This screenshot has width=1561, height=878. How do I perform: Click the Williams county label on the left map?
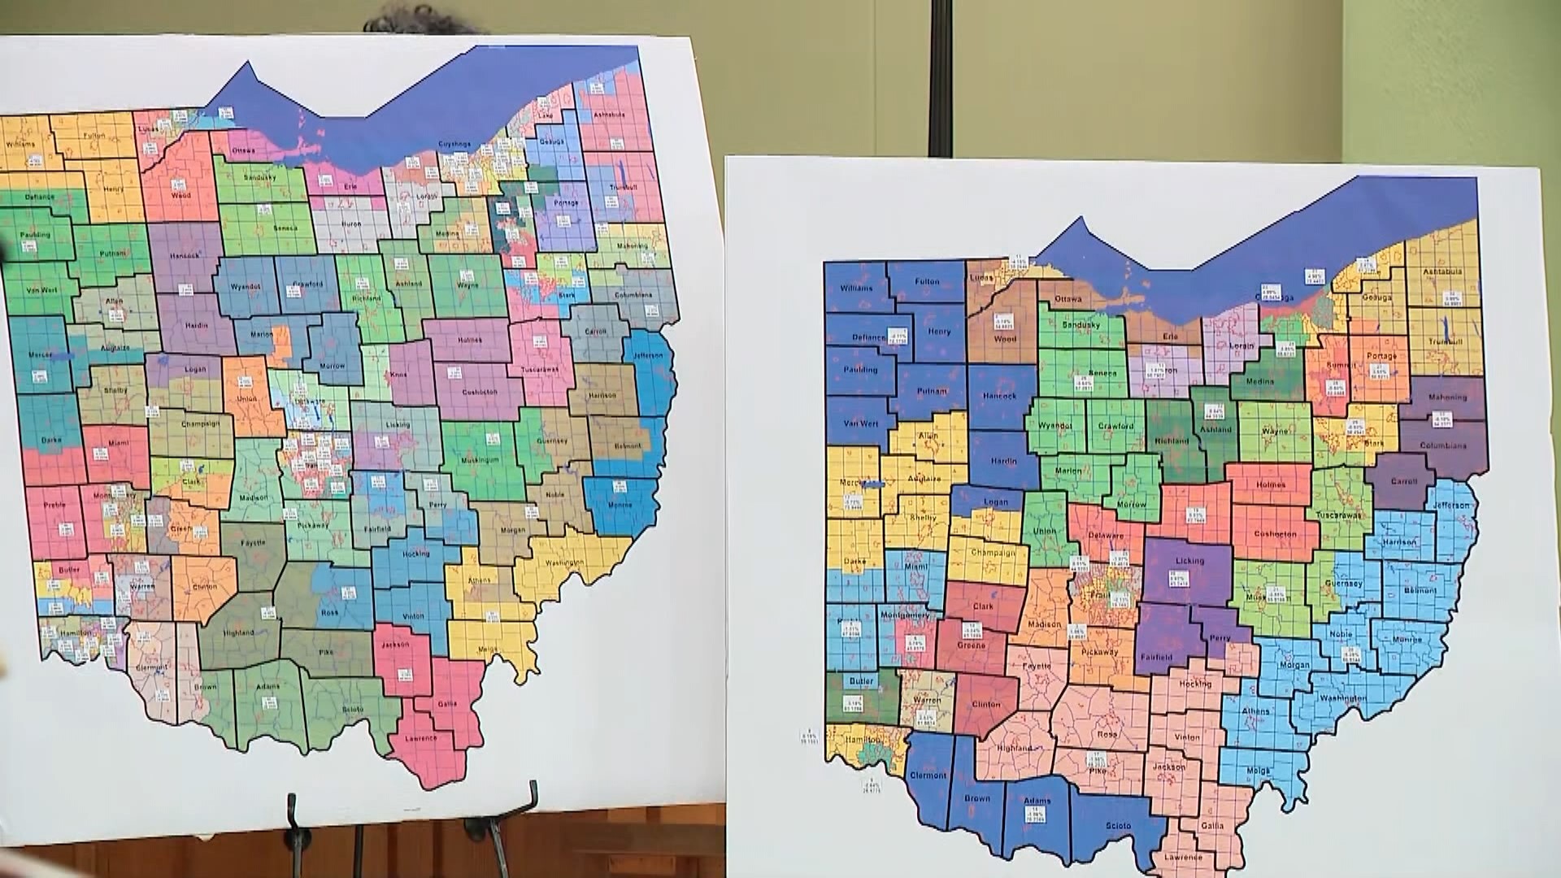click(20, 145)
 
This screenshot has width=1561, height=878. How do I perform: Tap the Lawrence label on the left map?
click(420, 738)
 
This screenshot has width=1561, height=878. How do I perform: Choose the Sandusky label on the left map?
click(260, 177)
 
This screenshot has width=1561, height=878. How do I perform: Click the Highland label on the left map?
click(237, 632)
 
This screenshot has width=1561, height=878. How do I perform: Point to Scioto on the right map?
click(1118, 826)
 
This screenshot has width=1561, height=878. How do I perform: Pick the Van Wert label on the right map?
click(861, 424)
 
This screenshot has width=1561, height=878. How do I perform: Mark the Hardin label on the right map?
click(1004, 461)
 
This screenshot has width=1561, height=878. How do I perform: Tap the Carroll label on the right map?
click(1403, 481)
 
